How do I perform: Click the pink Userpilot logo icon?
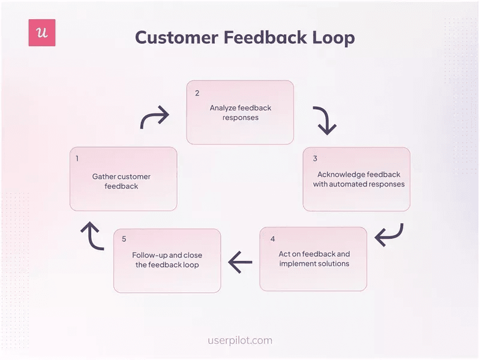pos(42,33)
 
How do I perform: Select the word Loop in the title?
pos(333,37)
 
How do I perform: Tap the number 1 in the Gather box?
pos(77,159)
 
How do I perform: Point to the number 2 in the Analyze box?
pos(197,93)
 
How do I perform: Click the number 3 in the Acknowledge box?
pos(315,159)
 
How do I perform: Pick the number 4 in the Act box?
pos(272,239)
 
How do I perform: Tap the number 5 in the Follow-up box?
pos(124,239)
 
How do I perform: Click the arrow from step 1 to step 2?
pos(154,118)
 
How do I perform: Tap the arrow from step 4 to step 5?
pos(240,261)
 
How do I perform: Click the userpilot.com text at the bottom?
pos(239,340)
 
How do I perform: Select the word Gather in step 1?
pos(104,176)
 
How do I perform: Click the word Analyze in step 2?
pos(223,108)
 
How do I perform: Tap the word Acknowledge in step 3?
pos(341,175)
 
